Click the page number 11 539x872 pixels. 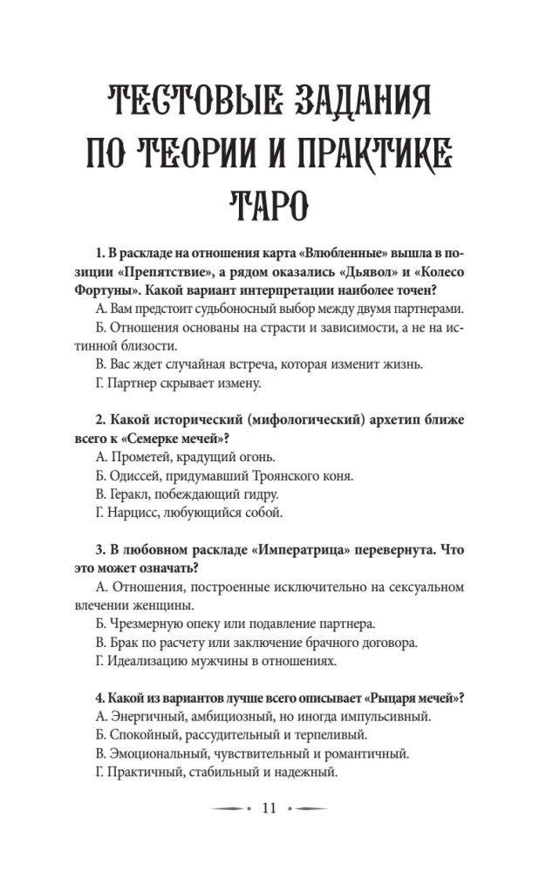269,808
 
